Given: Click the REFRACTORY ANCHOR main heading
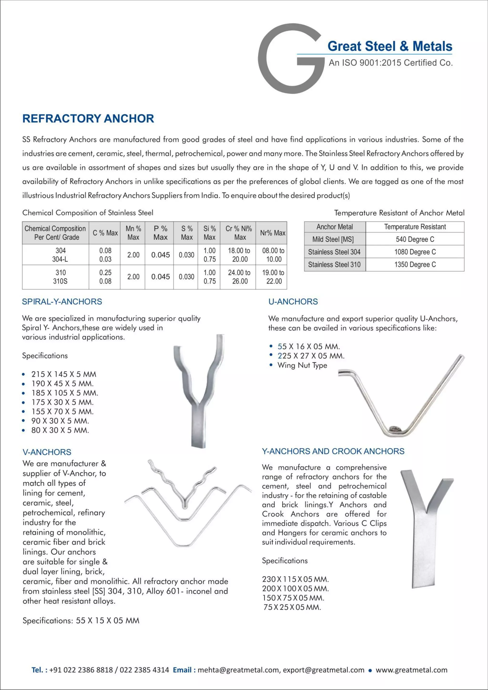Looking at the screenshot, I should (x=88, y=118).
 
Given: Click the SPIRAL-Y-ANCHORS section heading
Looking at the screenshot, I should (x=62, y=301).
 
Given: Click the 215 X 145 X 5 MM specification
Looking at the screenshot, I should (x=64, y=374).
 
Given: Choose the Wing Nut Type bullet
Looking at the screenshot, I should (x=302, y=365).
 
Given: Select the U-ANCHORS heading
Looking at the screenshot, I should (x=293, y=301).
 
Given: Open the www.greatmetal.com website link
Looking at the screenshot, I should (x=411, y=670).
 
